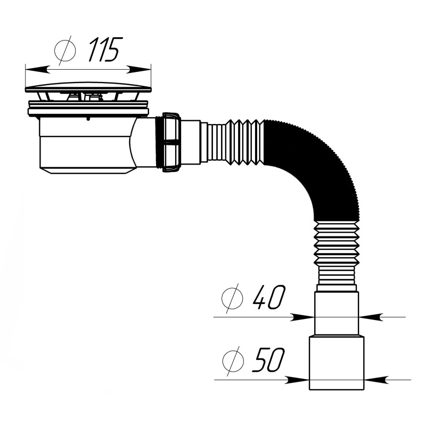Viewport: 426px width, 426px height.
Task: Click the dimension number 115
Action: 104,49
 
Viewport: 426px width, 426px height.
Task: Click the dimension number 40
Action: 269,297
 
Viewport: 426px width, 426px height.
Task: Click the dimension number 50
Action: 268,360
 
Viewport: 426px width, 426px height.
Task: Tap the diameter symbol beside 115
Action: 65,50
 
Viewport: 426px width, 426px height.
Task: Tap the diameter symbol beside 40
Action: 232,298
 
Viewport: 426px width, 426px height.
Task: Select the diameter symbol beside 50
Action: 233,361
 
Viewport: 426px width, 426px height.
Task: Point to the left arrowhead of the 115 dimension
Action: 37,70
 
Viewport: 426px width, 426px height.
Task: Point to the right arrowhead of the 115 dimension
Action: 138,70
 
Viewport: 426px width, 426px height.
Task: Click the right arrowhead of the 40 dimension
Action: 371,317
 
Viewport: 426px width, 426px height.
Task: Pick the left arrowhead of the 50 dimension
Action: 297,380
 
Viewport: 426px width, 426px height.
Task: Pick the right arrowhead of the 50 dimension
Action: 376,380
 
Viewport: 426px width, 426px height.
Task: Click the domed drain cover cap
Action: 88,87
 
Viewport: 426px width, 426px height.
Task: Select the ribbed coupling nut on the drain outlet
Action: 171,142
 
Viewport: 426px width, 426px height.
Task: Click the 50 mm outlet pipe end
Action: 337,363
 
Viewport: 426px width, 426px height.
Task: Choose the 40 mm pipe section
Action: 337,314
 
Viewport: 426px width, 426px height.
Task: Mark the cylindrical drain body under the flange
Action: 87,145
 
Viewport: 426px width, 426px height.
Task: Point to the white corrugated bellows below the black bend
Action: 337,252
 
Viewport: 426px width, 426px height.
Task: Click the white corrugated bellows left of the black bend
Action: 233,142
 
